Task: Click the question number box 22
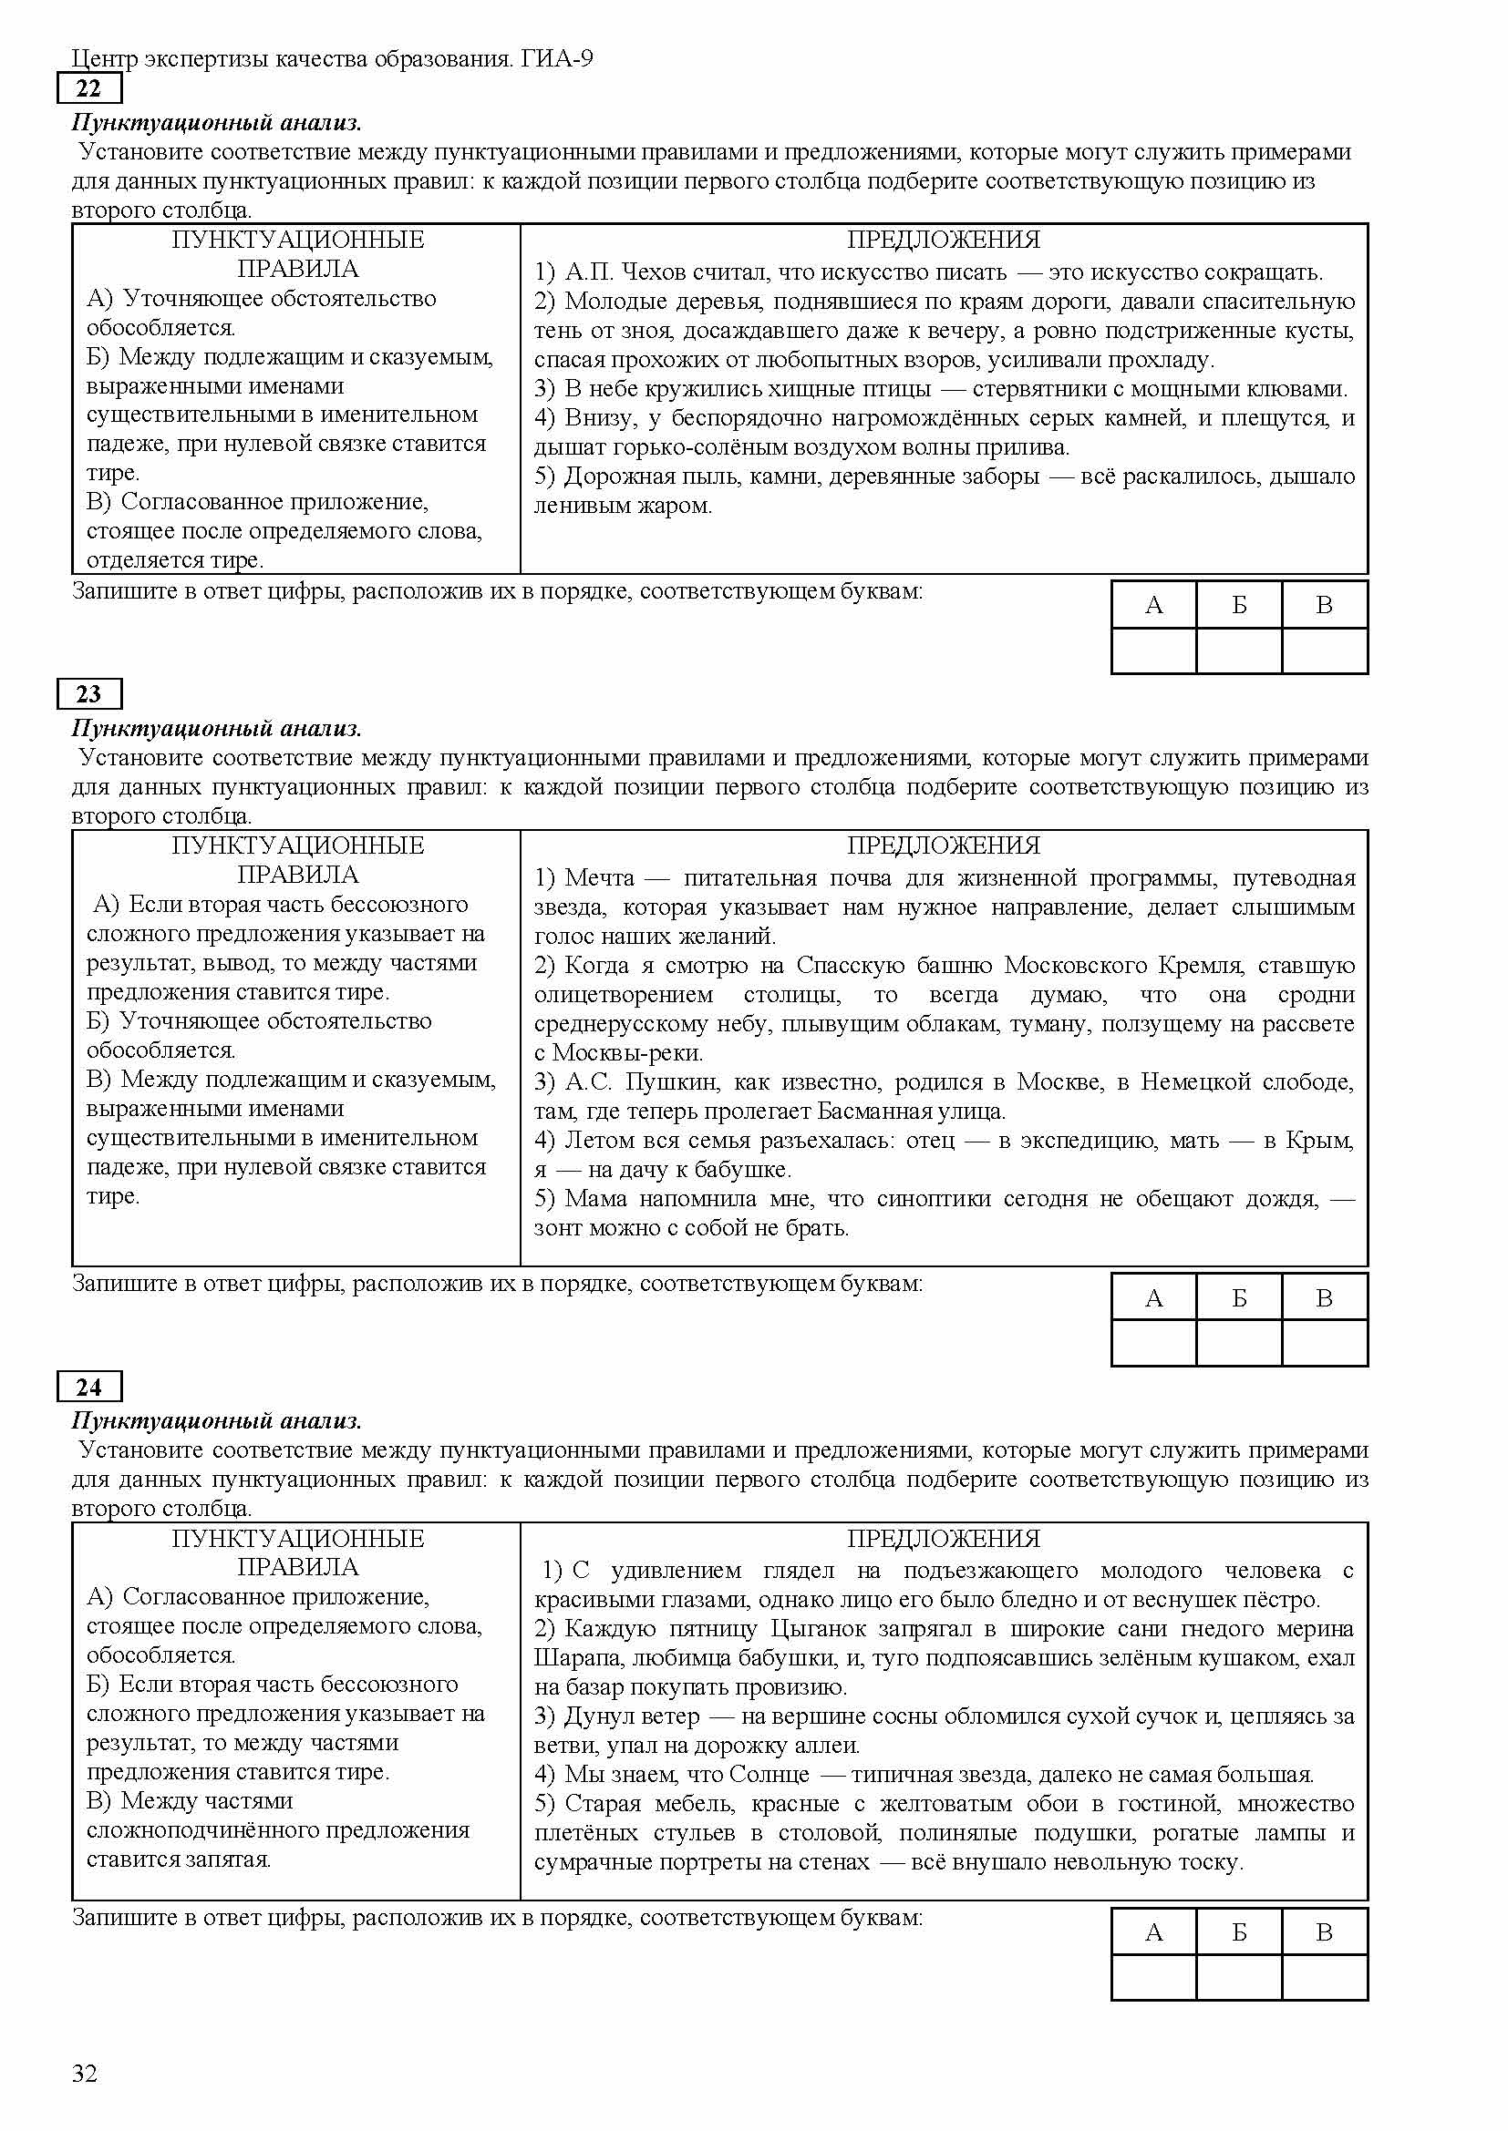coord(88,89)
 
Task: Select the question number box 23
coord(88,694)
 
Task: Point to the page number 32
coord(85,2074)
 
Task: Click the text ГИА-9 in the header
coord(557,59)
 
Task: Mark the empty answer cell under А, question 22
coord(1153,651)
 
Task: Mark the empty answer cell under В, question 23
coord(1324,1343)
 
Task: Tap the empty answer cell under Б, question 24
coord(1239,1977)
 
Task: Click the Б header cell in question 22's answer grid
coord(1239,605)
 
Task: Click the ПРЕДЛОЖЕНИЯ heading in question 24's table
coord(944,1538)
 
